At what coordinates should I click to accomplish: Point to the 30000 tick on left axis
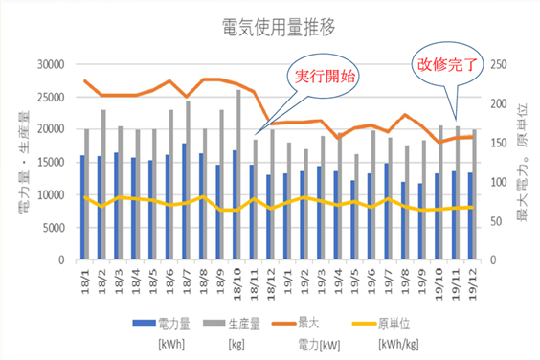[x=48, y=65]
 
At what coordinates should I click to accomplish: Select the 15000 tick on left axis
[x=48, y=162]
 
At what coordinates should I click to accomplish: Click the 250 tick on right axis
[x=501, y=65]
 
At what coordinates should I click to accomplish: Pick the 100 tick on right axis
[x=501, y=182]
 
